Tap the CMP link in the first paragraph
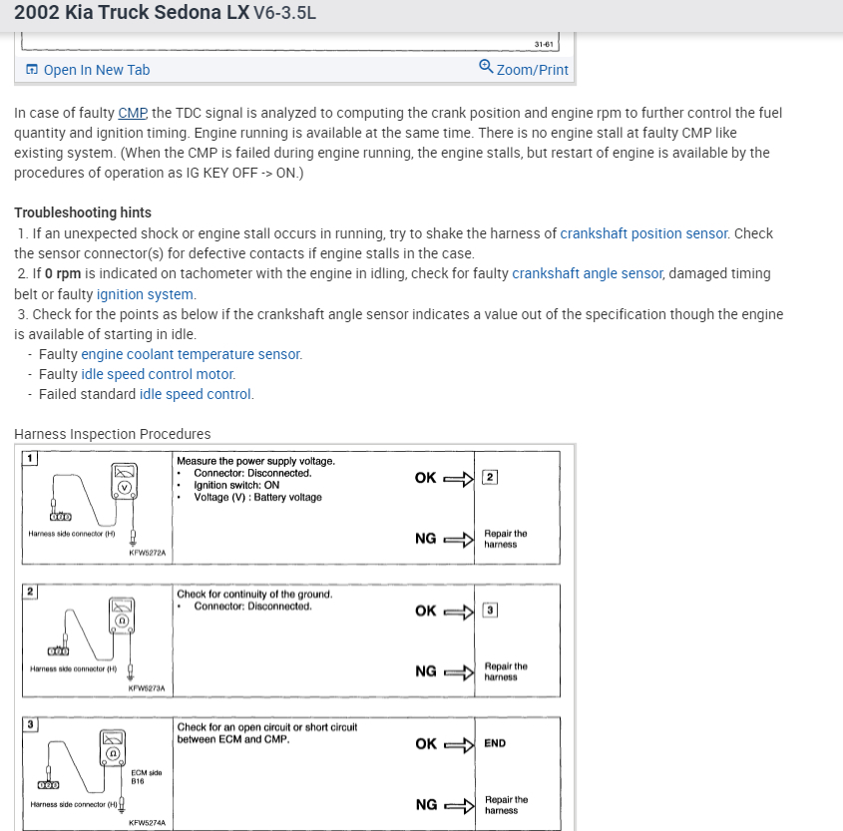[x=132, y=113]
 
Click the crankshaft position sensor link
[x=643, y=233]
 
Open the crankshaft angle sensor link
[x=587, y=273]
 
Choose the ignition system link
[x=145, y=293]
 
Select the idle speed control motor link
[x=158, y=374]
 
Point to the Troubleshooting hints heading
[x=83, y=212]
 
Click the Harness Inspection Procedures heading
[x=113, y=434]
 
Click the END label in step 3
[x=495, y=743]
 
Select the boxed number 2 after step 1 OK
[x=489, y=477]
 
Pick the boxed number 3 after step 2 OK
[x=489, y=610]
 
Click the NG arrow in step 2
[x=460, y=671]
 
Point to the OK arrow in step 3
[x=460, y=743]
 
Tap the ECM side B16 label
[x=146, y=777]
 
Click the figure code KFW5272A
[x=147, y=552]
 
